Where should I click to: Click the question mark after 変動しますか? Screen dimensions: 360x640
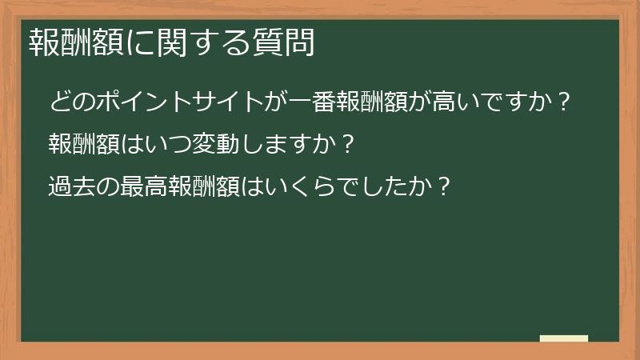(346, 145)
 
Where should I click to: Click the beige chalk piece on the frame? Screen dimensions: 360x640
(564, 338)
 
